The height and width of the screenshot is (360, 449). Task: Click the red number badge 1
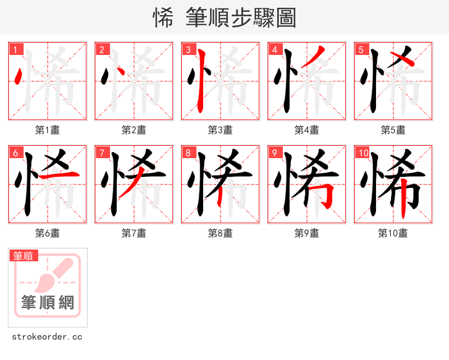pos(15,49)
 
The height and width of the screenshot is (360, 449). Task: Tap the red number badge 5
pos(361,49)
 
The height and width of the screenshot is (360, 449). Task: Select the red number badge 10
pos(363,153)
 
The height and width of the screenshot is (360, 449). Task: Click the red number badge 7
pos(102,153)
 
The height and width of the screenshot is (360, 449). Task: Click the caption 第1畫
pos(48,130)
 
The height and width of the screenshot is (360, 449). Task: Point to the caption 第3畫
pos(221,130)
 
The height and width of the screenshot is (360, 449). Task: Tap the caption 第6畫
pos(48,233)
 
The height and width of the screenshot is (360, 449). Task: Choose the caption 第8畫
pos(221,233)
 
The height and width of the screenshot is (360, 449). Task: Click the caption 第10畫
pos(393,233)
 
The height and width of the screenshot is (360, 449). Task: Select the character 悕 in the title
pos(163,18)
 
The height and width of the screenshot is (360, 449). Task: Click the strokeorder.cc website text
pos(47,337)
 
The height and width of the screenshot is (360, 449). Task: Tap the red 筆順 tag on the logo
pos(24,256)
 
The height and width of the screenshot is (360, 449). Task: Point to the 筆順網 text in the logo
pos(48,303)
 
